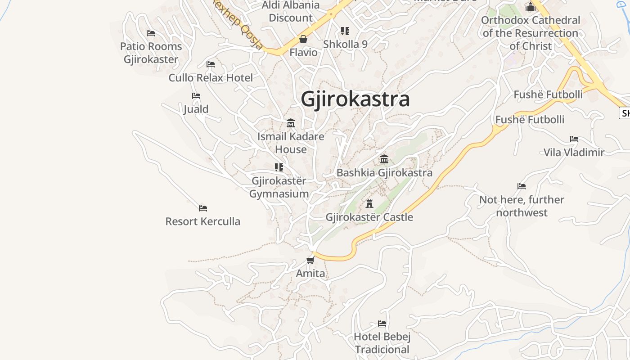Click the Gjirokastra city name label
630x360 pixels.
355,99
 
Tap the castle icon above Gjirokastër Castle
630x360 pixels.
369,204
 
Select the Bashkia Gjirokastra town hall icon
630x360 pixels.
384,159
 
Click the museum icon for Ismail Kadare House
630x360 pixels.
291,123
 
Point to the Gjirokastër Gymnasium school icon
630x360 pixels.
279,167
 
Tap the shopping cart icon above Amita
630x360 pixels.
310,260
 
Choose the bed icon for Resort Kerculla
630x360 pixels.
203,208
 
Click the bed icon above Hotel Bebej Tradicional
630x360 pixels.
382,324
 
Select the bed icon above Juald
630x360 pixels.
196,96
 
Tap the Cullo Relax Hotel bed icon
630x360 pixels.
211,64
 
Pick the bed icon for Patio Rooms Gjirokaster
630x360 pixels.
151,33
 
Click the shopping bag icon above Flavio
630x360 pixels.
303,39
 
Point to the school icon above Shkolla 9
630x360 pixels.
345,31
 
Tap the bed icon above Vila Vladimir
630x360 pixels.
574,139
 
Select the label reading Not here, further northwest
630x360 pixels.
522,206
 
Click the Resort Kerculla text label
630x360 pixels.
203,221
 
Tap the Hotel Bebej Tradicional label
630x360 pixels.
382,343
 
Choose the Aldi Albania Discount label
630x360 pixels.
291,12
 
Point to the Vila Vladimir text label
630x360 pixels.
574,153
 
